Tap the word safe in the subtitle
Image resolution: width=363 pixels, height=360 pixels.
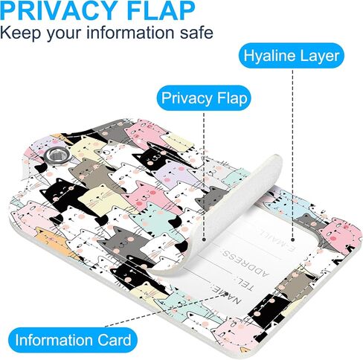196,33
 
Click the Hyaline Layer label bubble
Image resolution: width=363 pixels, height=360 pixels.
292,56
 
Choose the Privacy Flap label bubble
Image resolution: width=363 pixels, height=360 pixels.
204,98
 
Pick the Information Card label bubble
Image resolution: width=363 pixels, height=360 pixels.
73,340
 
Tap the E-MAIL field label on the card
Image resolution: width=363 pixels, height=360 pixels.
277,239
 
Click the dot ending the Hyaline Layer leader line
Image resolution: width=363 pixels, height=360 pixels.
292,240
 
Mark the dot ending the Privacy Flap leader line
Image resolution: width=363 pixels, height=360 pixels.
204,240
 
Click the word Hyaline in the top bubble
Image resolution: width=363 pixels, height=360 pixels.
269,56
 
